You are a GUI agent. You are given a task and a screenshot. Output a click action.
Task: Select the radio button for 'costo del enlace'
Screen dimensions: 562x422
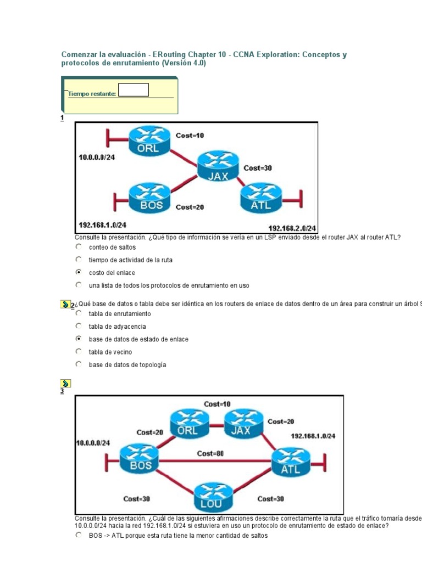point(79,272)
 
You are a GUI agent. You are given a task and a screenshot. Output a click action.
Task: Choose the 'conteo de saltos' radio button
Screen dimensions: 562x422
point(79,247)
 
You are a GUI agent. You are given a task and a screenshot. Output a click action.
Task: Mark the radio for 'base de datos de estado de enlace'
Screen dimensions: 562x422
point(79,339)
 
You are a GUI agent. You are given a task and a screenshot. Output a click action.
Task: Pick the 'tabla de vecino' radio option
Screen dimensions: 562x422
point(79,352)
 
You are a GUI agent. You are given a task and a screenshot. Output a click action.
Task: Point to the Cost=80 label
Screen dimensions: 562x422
point(210,453)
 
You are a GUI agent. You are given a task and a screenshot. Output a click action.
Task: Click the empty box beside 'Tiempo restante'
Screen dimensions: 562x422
point(134,90)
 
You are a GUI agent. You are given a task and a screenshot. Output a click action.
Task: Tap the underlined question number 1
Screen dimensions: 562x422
point(62,118)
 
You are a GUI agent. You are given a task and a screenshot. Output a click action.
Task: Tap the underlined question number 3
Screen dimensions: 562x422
point(62,391)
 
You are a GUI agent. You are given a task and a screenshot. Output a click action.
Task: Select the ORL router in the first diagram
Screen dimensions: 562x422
point(148,140)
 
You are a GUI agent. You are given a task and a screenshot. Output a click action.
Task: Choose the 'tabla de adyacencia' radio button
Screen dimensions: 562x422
point(79,327)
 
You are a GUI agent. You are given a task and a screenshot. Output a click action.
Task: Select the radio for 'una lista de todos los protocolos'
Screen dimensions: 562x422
point(79,285)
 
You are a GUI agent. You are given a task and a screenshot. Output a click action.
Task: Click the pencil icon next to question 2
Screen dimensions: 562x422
point(65,304)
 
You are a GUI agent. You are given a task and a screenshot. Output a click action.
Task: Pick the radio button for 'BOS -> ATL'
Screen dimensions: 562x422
point(79,535)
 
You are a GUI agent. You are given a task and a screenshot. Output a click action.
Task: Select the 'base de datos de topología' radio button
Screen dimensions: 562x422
point(79,364)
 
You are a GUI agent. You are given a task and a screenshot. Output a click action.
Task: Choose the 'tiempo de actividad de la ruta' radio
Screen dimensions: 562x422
point(79,260)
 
